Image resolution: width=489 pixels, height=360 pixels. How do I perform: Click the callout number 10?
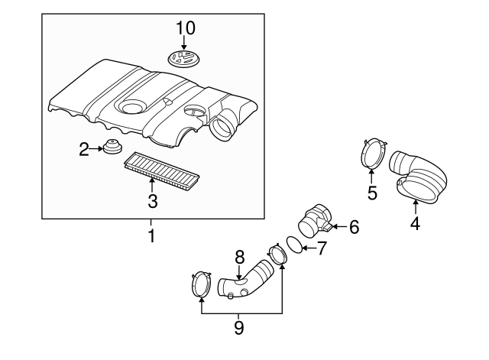186,28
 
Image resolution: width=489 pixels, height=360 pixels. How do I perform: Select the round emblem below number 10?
186,58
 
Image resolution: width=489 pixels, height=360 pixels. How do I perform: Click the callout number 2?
84,149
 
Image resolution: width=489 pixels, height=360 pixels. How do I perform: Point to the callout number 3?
152,201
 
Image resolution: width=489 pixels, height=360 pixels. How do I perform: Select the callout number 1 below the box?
151,236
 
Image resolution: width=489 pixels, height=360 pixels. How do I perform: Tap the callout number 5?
372,193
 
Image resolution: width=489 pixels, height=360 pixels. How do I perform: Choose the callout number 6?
353,226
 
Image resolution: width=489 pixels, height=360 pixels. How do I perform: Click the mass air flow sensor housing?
317,219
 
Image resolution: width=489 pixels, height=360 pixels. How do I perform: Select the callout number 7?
321,248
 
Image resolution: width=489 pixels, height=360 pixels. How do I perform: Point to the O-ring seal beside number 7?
292,245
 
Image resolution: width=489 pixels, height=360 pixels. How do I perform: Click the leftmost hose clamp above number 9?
200,285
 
